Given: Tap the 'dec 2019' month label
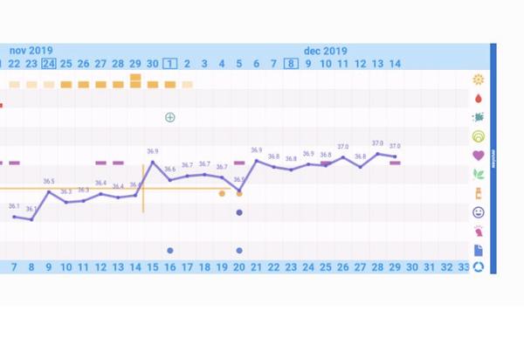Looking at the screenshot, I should point(326,51).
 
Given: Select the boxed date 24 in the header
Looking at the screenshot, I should point(49,64).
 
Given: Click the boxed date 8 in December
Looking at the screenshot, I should point(291,64).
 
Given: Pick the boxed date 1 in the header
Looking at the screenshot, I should point(170,64).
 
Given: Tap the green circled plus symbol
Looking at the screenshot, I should point(170,117).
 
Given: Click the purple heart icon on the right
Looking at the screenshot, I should point(478,156).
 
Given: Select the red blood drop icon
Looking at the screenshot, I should point(478,99).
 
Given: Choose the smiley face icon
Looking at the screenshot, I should point(478,212).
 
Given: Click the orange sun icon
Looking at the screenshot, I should point(478,80).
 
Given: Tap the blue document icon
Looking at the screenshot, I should point(478,251).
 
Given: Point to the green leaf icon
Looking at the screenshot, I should point(478,174).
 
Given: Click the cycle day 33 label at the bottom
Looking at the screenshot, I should point(464,267).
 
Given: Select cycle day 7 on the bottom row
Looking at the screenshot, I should point(14,267).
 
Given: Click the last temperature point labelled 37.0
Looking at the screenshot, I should point(395,157).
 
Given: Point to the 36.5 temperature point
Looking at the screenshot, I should point(49,191).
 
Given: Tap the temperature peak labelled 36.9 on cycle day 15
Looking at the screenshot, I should point(153,162).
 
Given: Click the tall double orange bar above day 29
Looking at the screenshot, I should point(135,81).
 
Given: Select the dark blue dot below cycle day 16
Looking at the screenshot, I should point(170,251).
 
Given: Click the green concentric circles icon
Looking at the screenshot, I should point(478,136).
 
